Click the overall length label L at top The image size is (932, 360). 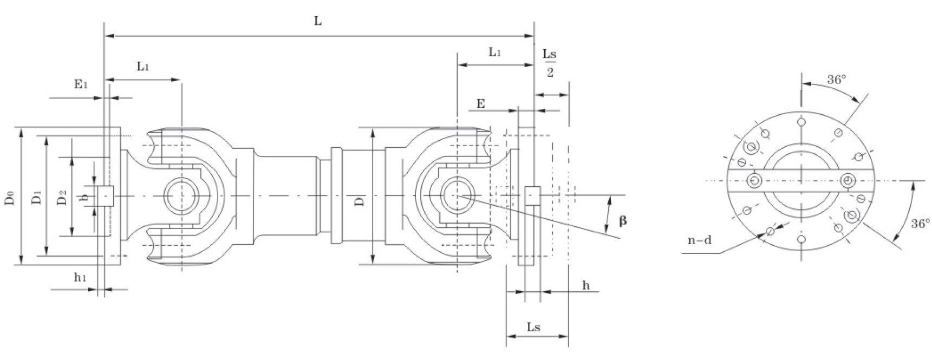point(318,21)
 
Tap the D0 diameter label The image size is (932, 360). point(10,197)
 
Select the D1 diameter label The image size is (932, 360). point(36,197)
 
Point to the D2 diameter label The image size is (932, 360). point(62,197)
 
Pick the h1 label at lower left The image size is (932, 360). point(80,278)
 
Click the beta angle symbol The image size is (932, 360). point(623,221)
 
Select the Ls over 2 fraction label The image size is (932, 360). point(549,63)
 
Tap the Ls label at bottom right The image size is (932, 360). point(533,327)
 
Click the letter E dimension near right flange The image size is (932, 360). point(480,104)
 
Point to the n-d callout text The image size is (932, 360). point(699,240)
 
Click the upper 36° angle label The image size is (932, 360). point(836,80)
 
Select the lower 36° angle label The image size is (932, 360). point(920,224)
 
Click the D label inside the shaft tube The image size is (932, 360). point(359,201)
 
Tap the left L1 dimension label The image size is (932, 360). point(142,67)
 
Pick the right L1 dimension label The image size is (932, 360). point(494,52)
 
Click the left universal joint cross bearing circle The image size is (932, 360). point(182,195)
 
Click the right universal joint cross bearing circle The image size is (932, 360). point(458,195)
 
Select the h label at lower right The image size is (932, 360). point(586,285)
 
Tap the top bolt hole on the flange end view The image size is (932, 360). point(801,122)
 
